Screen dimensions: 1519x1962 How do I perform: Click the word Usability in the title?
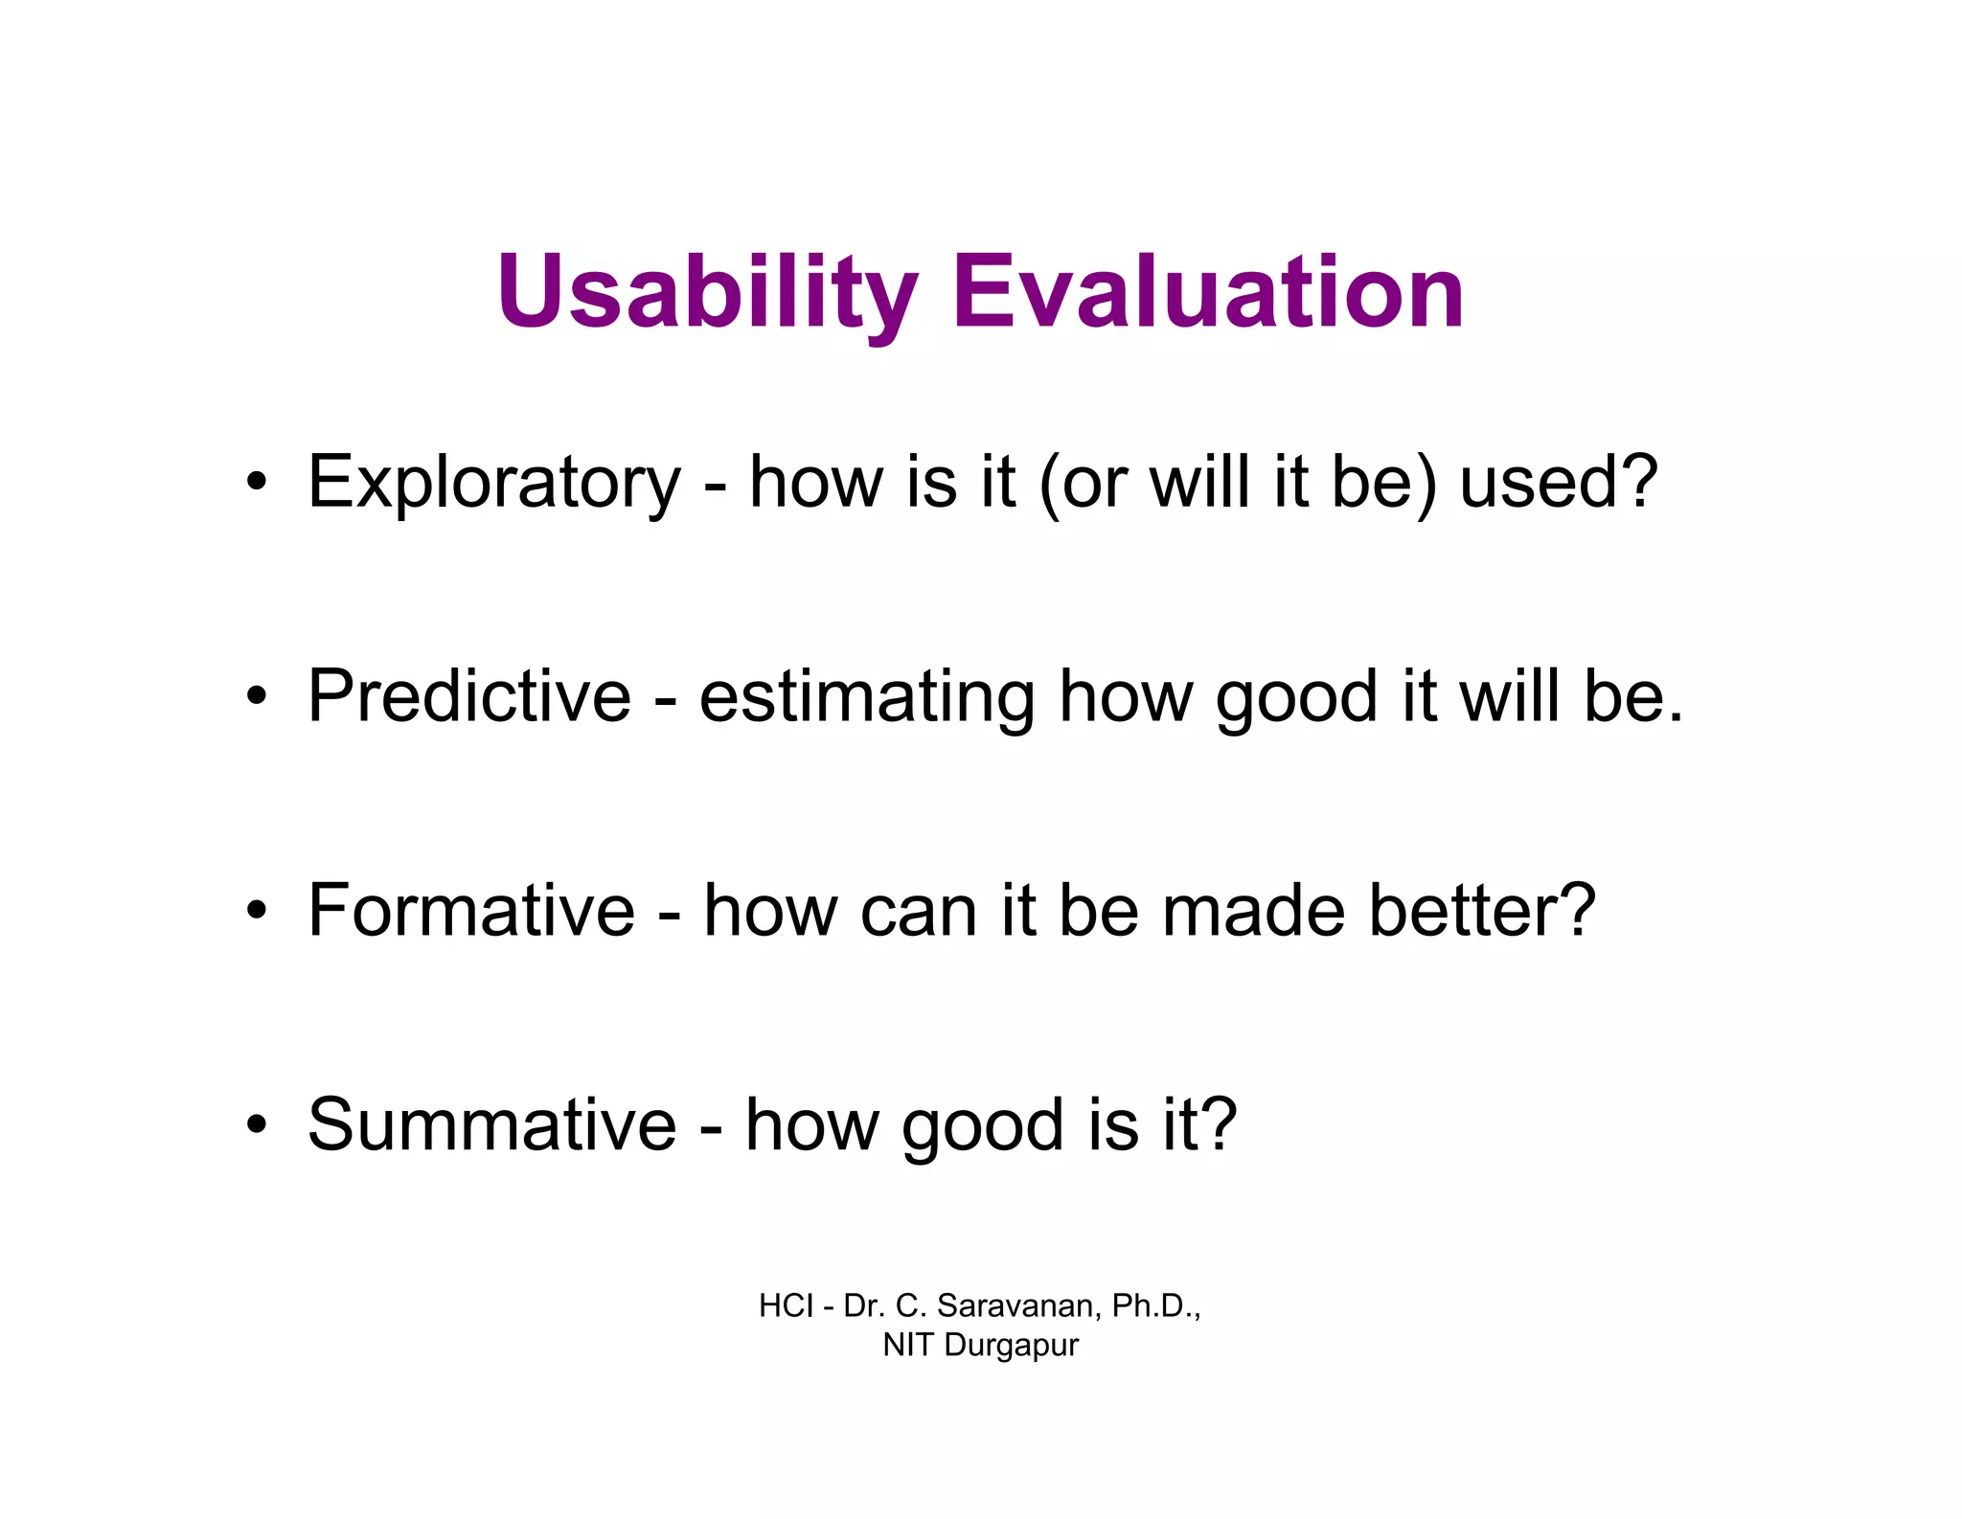707,291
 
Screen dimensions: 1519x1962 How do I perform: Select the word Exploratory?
493,482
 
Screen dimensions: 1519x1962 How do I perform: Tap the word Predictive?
469,696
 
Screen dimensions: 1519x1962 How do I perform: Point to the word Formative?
471,910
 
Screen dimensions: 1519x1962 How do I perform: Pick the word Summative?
491,1124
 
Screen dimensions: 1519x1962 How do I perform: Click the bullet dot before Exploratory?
255,482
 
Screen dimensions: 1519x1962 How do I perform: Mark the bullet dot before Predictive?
255,696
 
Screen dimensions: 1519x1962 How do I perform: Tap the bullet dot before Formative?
255,910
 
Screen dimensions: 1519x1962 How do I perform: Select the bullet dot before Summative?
255,1124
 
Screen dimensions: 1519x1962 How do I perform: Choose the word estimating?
866,696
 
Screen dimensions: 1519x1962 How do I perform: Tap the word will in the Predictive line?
1511,696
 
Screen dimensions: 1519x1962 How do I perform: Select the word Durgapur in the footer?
1011,1346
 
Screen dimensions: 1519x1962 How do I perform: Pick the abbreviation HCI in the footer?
786,1306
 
